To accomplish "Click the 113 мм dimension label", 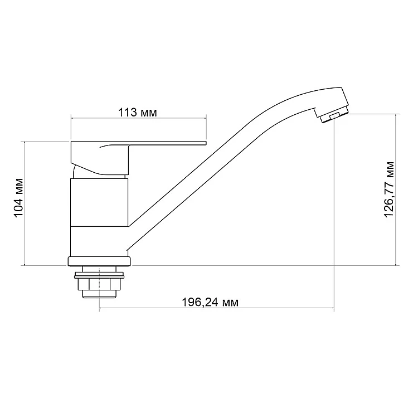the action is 138,113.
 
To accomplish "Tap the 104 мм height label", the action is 18,198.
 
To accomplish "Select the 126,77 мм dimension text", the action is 389,189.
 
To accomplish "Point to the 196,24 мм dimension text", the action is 210,302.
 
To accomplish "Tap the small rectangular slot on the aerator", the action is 334,116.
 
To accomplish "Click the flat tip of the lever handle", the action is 205,143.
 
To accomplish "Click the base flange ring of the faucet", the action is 99,261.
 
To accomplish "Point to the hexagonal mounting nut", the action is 99,284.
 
